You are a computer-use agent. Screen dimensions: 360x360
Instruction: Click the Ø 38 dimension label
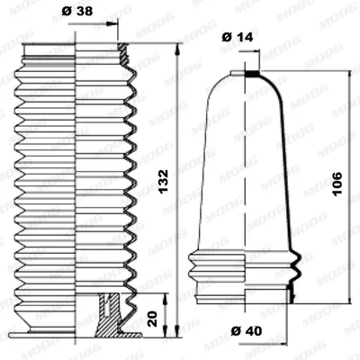tap(77, 12)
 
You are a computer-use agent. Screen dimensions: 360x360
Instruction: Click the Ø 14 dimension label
tap(238, 37)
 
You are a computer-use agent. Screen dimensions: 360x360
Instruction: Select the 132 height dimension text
tap(164, 182)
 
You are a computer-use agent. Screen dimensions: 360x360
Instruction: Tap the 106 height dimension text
tap(337, 184)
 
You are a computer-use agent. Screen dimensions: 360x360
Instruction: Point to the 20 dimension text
tap(153, 319)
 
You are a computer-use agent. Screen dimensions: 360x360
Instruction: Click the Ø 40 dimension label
tap(247, 331)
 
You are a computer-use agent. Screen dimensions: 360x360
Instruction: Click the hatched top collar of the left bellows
tap(124, 54)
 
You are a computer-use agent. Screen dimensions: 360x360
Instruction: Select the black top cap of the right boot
tap(252, 73)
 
